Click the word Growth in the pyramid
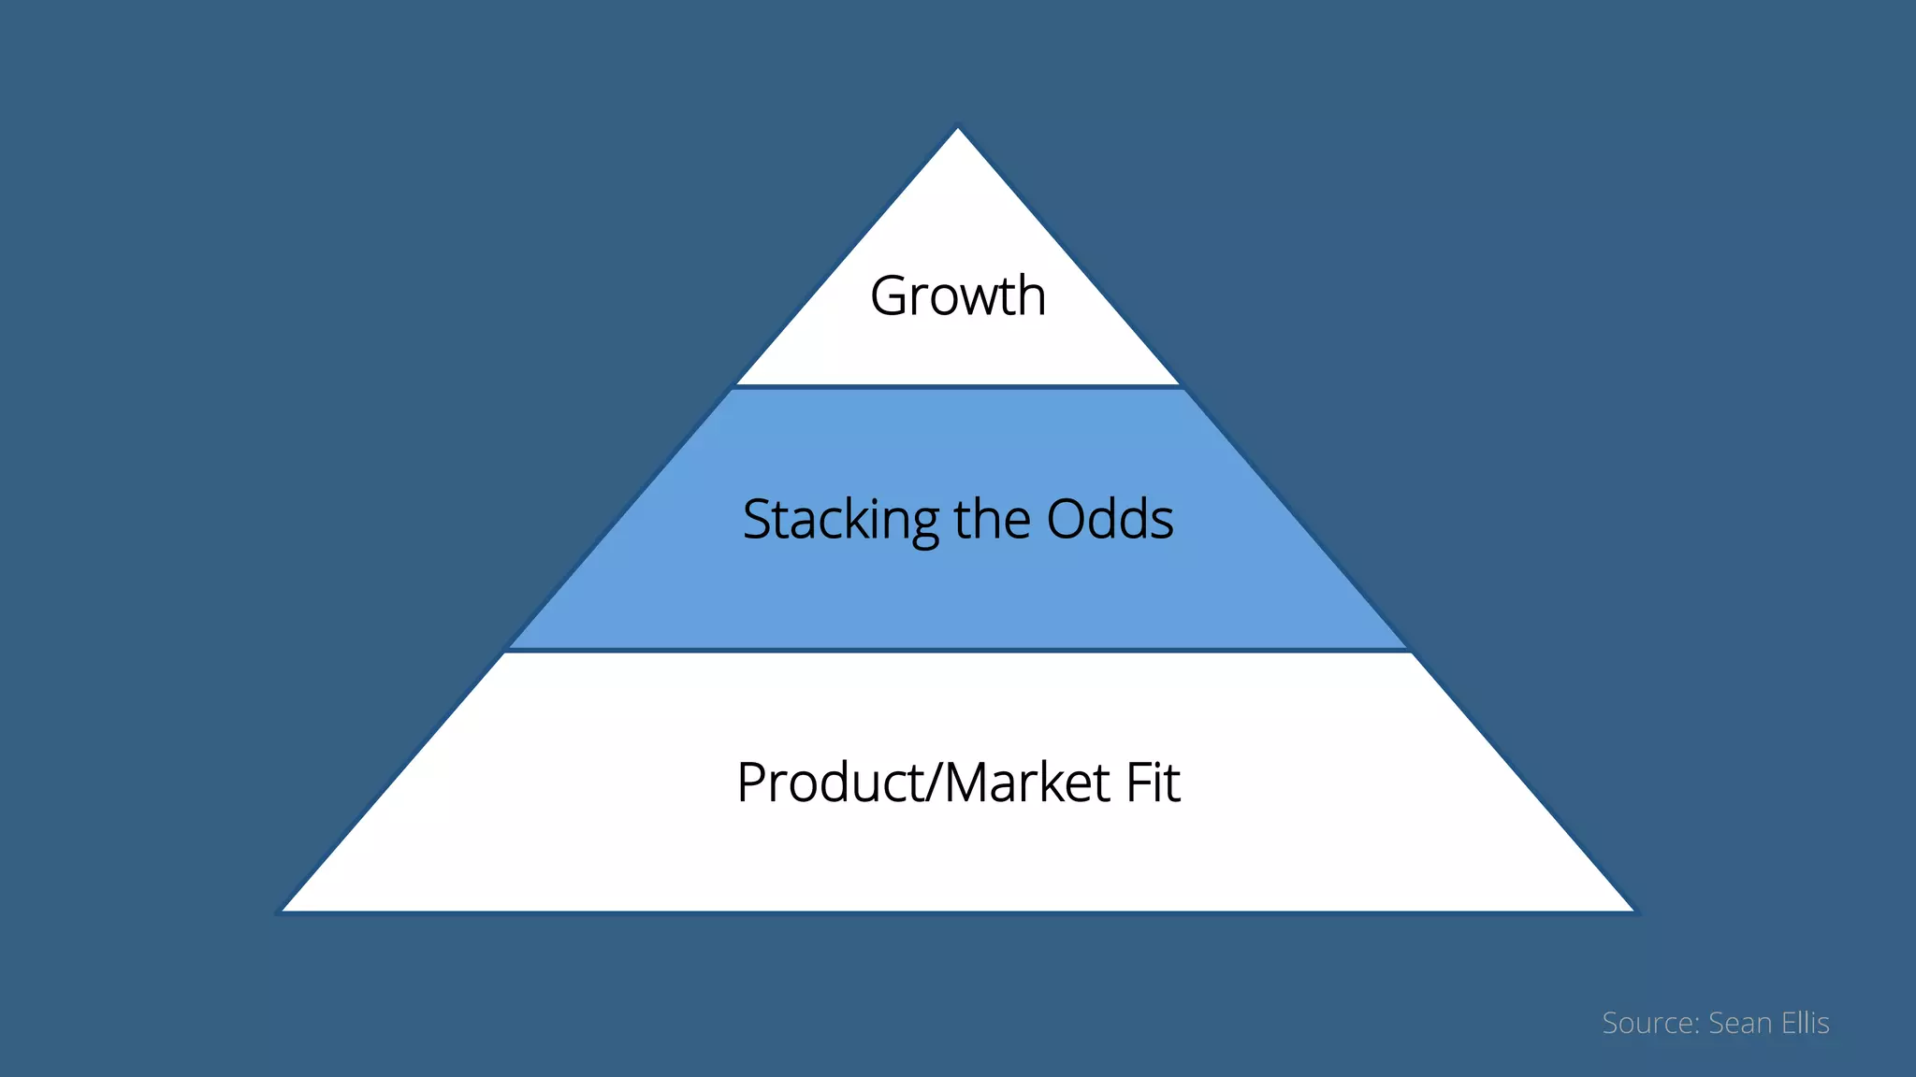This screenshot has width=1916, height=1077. (x=958, y=296)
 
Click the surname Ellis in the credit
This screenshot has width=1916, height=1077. (x=1806, y=1023)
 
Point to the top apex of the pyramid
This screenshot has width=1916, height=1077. (x=958, y=130)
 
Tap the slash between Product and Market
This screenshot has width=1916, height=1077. (x=933, y=783)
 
